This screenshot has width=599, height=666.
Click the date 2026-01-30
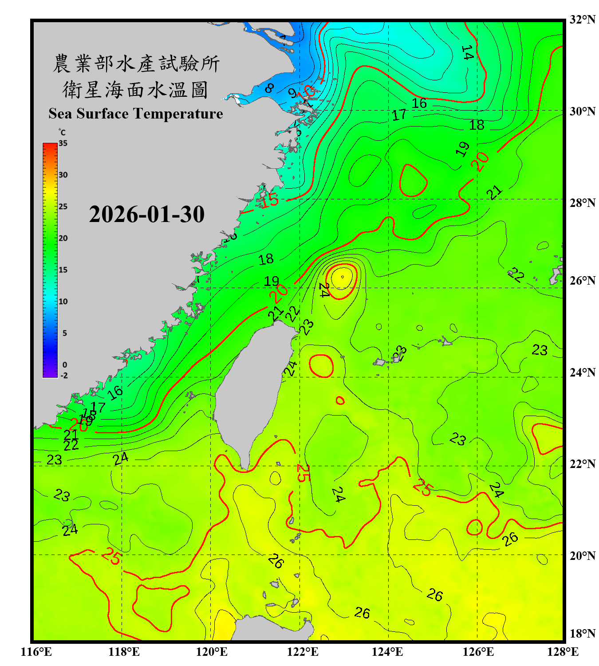point(146,214)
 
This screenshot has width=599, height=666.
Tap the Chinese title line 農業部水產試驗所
point(136,63)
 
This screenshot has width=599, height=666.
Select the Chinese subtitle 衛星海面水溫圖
point(135,90)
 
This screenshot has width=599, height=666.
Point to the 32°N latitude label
point(582,20)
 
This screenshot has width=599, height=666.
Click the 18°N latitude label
point(582,634)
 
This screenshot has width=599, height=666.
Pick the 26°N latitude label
point(582,281)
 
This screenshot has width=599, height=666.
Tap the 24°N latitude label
point(582,372)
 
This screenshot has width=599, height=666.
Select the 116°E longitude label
point(36,652)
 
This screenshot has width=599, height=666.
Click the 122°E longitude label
point(303,652)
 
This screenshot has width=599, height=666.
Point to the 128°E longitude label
point(563,652)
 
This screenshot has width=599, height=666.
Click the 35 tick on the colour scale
point(63,143)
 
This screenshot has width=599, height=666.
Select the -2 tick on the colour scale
point(64,375)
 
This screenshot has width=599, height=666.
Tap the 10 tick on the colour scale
point(63,301)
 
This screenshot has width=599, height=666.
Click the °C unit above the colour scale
point(62,132)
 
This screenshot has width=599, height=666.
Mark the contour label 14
point(467,53)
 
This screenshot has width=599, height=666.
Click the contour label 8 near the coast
point(269,88)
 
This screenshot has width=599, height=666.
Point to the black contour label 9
point(292,93)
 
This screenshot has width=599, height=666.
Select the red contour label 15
point(269,201)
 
